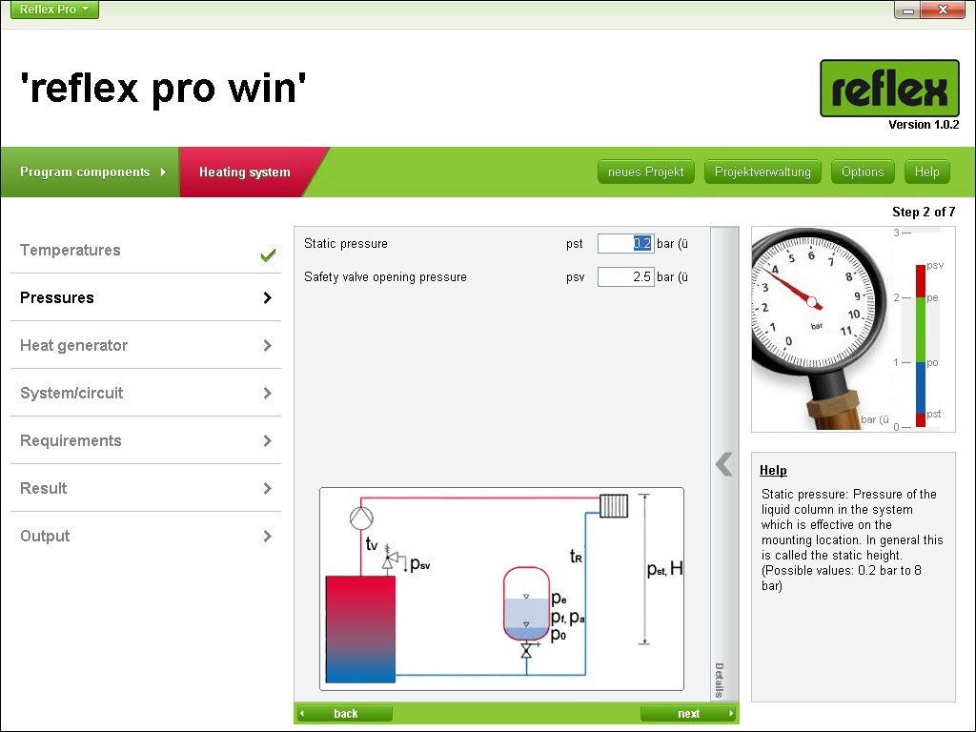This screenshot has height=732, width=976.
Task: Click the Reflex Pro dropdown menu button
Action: pyautogui.click(x=54, y=10)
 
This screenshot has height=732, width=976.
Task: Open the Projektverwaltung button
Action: pyautogui.click(x=762, y=172)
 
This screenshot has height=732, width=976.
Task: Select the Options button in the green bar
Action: pyautogui.click(x=862, y=172)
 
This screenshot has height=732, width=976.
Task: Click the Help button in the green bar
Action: pyautogui.click(x=926, y=172)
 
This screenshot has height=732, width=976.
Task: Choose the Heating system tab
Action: pyautogui.click(x=245, y=172)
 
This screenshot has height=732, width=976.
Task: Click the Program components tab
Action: pyautogui.click(x=91, y=172)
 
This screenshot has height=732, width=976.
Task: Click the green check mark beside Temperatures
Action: pyautogui.click(x=268, y=255)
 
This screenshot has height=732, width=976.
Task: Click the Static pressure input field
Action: pyautogui.click(x=625, y=243)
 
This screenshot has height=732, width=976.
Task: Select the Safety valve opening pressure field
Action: pyautogui.click(x=625, y=277)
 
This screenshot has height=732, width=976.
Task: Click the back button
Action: pyautogui.click(x=345, y=713)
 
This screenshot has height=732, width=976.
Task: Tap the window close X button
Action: pyautogui.click(x=943, y=10)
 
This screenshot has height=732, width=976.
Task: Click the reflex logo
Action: pyautogui.click(x=889, y=89)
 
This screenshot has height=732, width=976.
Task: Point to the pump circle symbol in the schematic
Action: pyautogui.click(x=361, y=518)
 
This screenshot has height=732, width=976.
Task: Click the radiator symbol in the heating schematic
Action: pyautogui.click(x=614, y=506)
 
